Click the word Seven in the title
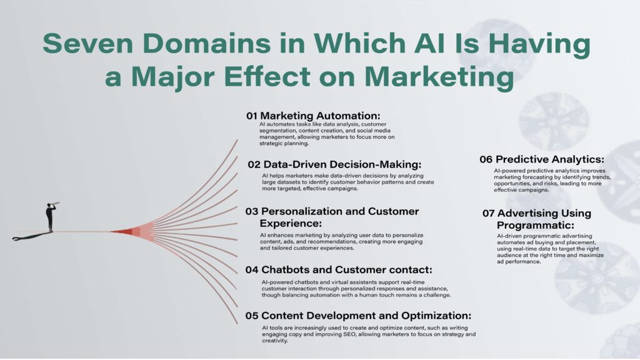click(88, 43)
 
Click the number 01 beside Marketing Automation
click(251, 116)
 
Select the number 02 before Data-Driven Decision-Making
click(254, 164)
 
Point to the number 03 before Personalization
click(252, 211)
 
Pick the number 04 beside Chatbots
click(252, 270)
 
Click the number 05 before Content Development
click(252, 316)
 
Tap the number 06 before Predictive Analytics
click(486, 159)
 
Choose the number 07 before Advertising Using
click(489, 213)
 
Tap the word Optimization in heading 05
click(436, 316)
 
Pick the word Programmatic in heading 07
click(536, 225)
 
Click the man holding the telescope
click(50, 217)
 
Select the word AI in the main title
click(430, 43)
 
